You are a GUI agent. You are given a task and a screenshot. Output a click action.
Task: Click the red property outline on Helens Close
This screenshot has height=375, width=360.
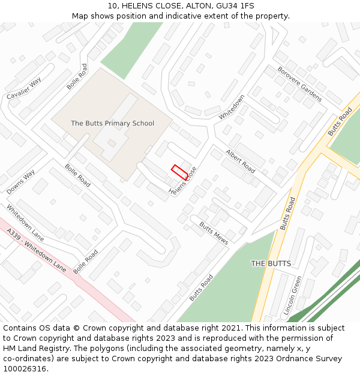pos(179,171)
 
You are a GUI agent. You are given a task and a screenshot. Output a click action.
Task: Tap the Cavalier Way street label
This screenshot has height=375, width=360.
pos(24,88)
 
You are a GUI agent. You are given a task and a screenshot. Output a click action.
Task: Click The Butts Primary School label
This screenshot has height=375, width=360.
pos(112,124)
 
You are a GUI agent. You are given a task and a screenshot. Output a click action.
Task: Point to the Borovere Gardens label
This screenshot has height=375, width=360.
pos(299,83)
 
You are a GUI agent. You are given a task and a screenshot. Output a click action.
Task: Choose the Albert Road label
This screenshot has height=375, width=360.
pos(241,162)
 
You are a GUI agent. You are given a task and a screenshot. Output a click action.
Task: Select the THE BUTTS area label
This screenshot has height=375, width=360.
pos(271,264)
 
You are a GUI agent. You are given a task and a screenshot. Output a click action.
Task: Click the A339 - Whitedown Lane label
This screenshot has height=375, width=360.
pos(36,250)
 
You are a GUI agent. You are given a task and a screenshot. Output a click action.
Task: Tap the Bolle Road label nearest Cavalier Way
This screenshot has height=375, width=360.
pos(77,77)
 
